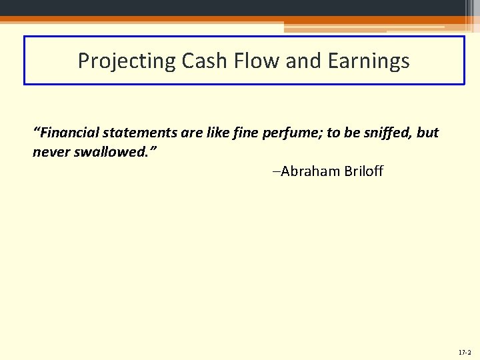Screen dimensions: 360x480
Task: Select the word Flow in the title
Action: (x=253, y=61)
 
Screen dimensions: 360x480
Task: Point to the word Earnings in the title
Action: (x=368, y=61)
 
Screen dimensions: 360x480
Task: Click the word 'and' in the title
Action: (x=304, y=61)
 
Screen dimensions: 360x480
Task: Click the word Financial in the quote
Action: (x=66, y=132)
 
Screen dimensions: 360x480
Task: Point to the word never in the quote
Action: (x=51, y=153)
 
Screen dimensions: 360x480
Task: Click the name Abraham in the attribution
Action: (x=311, y=171)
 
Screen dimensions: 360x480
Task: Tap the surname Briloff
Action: (x=364, y=171)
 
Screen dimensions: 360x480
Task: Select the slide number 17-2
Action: (x=464, y=351)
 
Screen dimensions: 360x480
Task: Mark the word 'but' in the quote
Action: (x=427, y=132)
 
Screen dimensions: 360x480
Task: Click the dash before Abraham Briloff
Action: (x=276, y=172)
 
